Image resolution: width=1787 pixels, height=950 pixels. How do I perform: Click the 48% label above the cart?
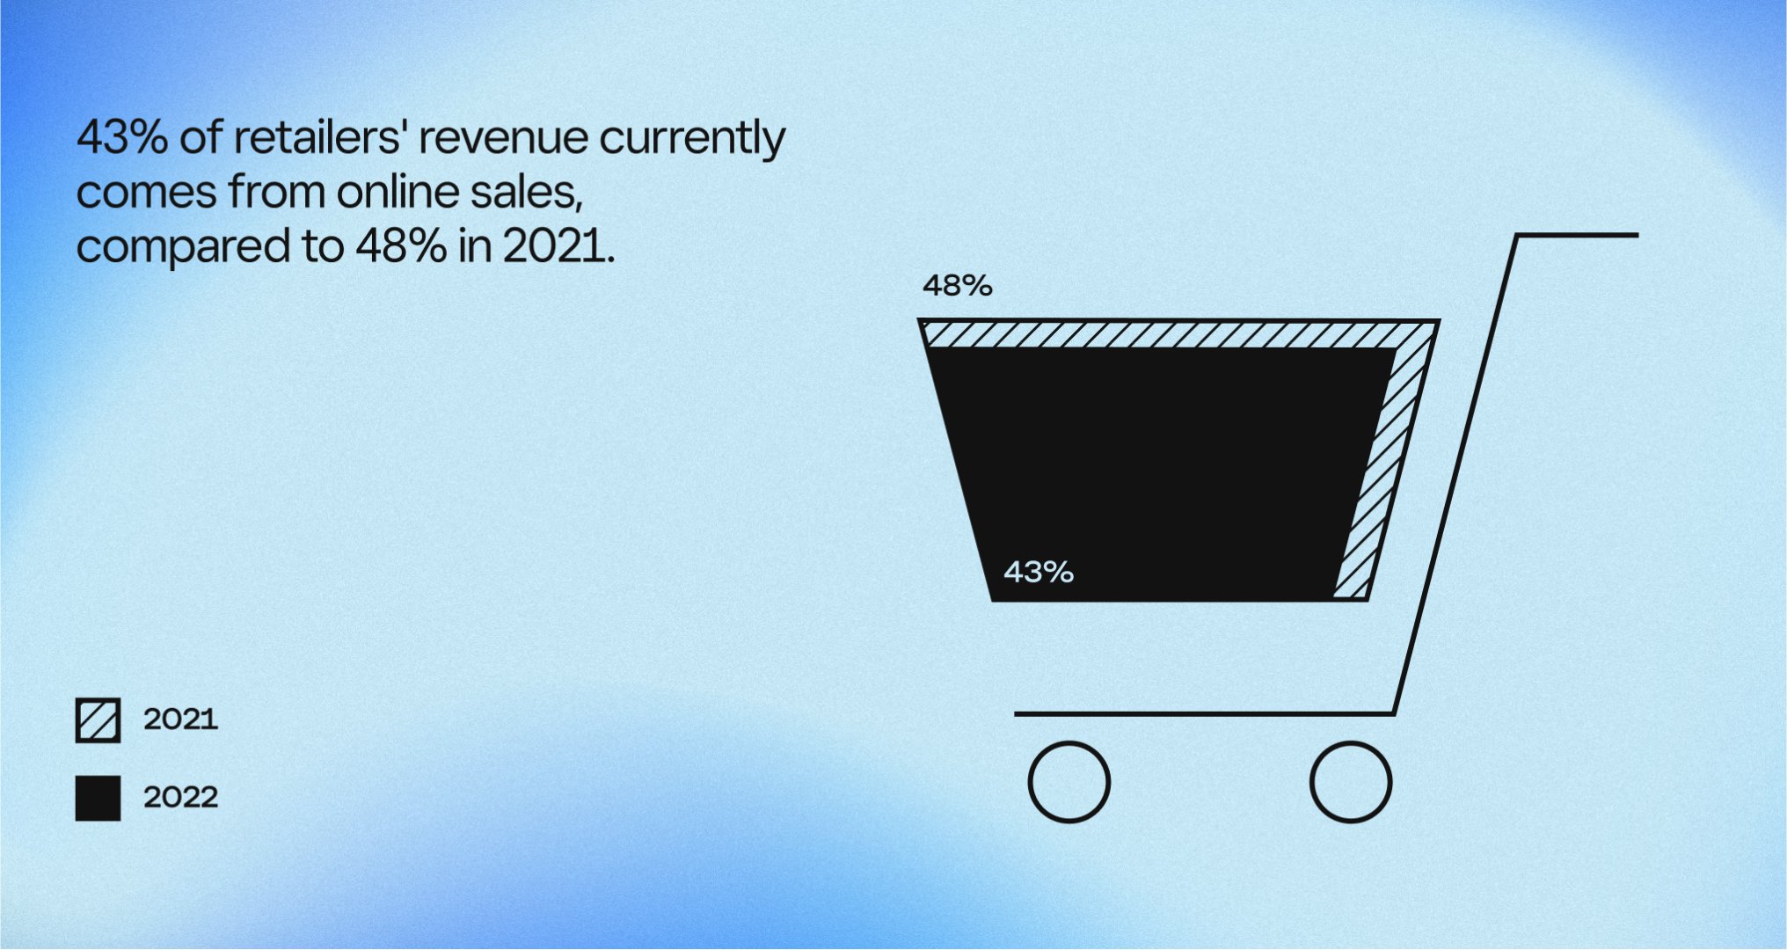(957, 286)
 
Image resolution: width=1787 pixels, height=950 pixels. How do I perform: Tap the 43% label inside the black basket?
(1039, 573)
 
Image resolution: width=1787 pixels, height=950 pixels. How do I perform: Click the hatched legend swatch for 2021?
(98, 720)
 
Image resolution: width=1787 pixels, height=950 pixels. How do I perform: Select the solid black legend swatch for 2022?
(98, 798)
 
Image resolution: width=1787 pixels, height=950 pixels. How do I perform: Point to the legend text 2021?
(180, 720)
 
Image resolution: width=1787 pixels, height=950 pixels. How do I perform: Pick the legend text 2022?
(180, 797)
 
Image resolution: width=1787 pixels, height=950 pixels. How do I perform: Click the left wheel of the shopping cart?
(1069, 782)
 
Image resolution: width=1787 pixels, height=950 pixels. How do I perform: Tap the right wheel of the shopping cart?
(1350, 782)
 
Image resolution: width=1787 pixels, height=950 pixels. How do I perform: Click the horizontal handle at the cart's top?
(1577, 235)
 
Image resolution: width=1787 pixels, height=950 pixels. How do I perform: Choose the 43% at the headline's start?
(122, 138)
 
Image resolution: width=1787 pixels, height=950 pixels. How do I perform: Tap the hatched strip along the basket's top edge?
(1178, 334)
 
